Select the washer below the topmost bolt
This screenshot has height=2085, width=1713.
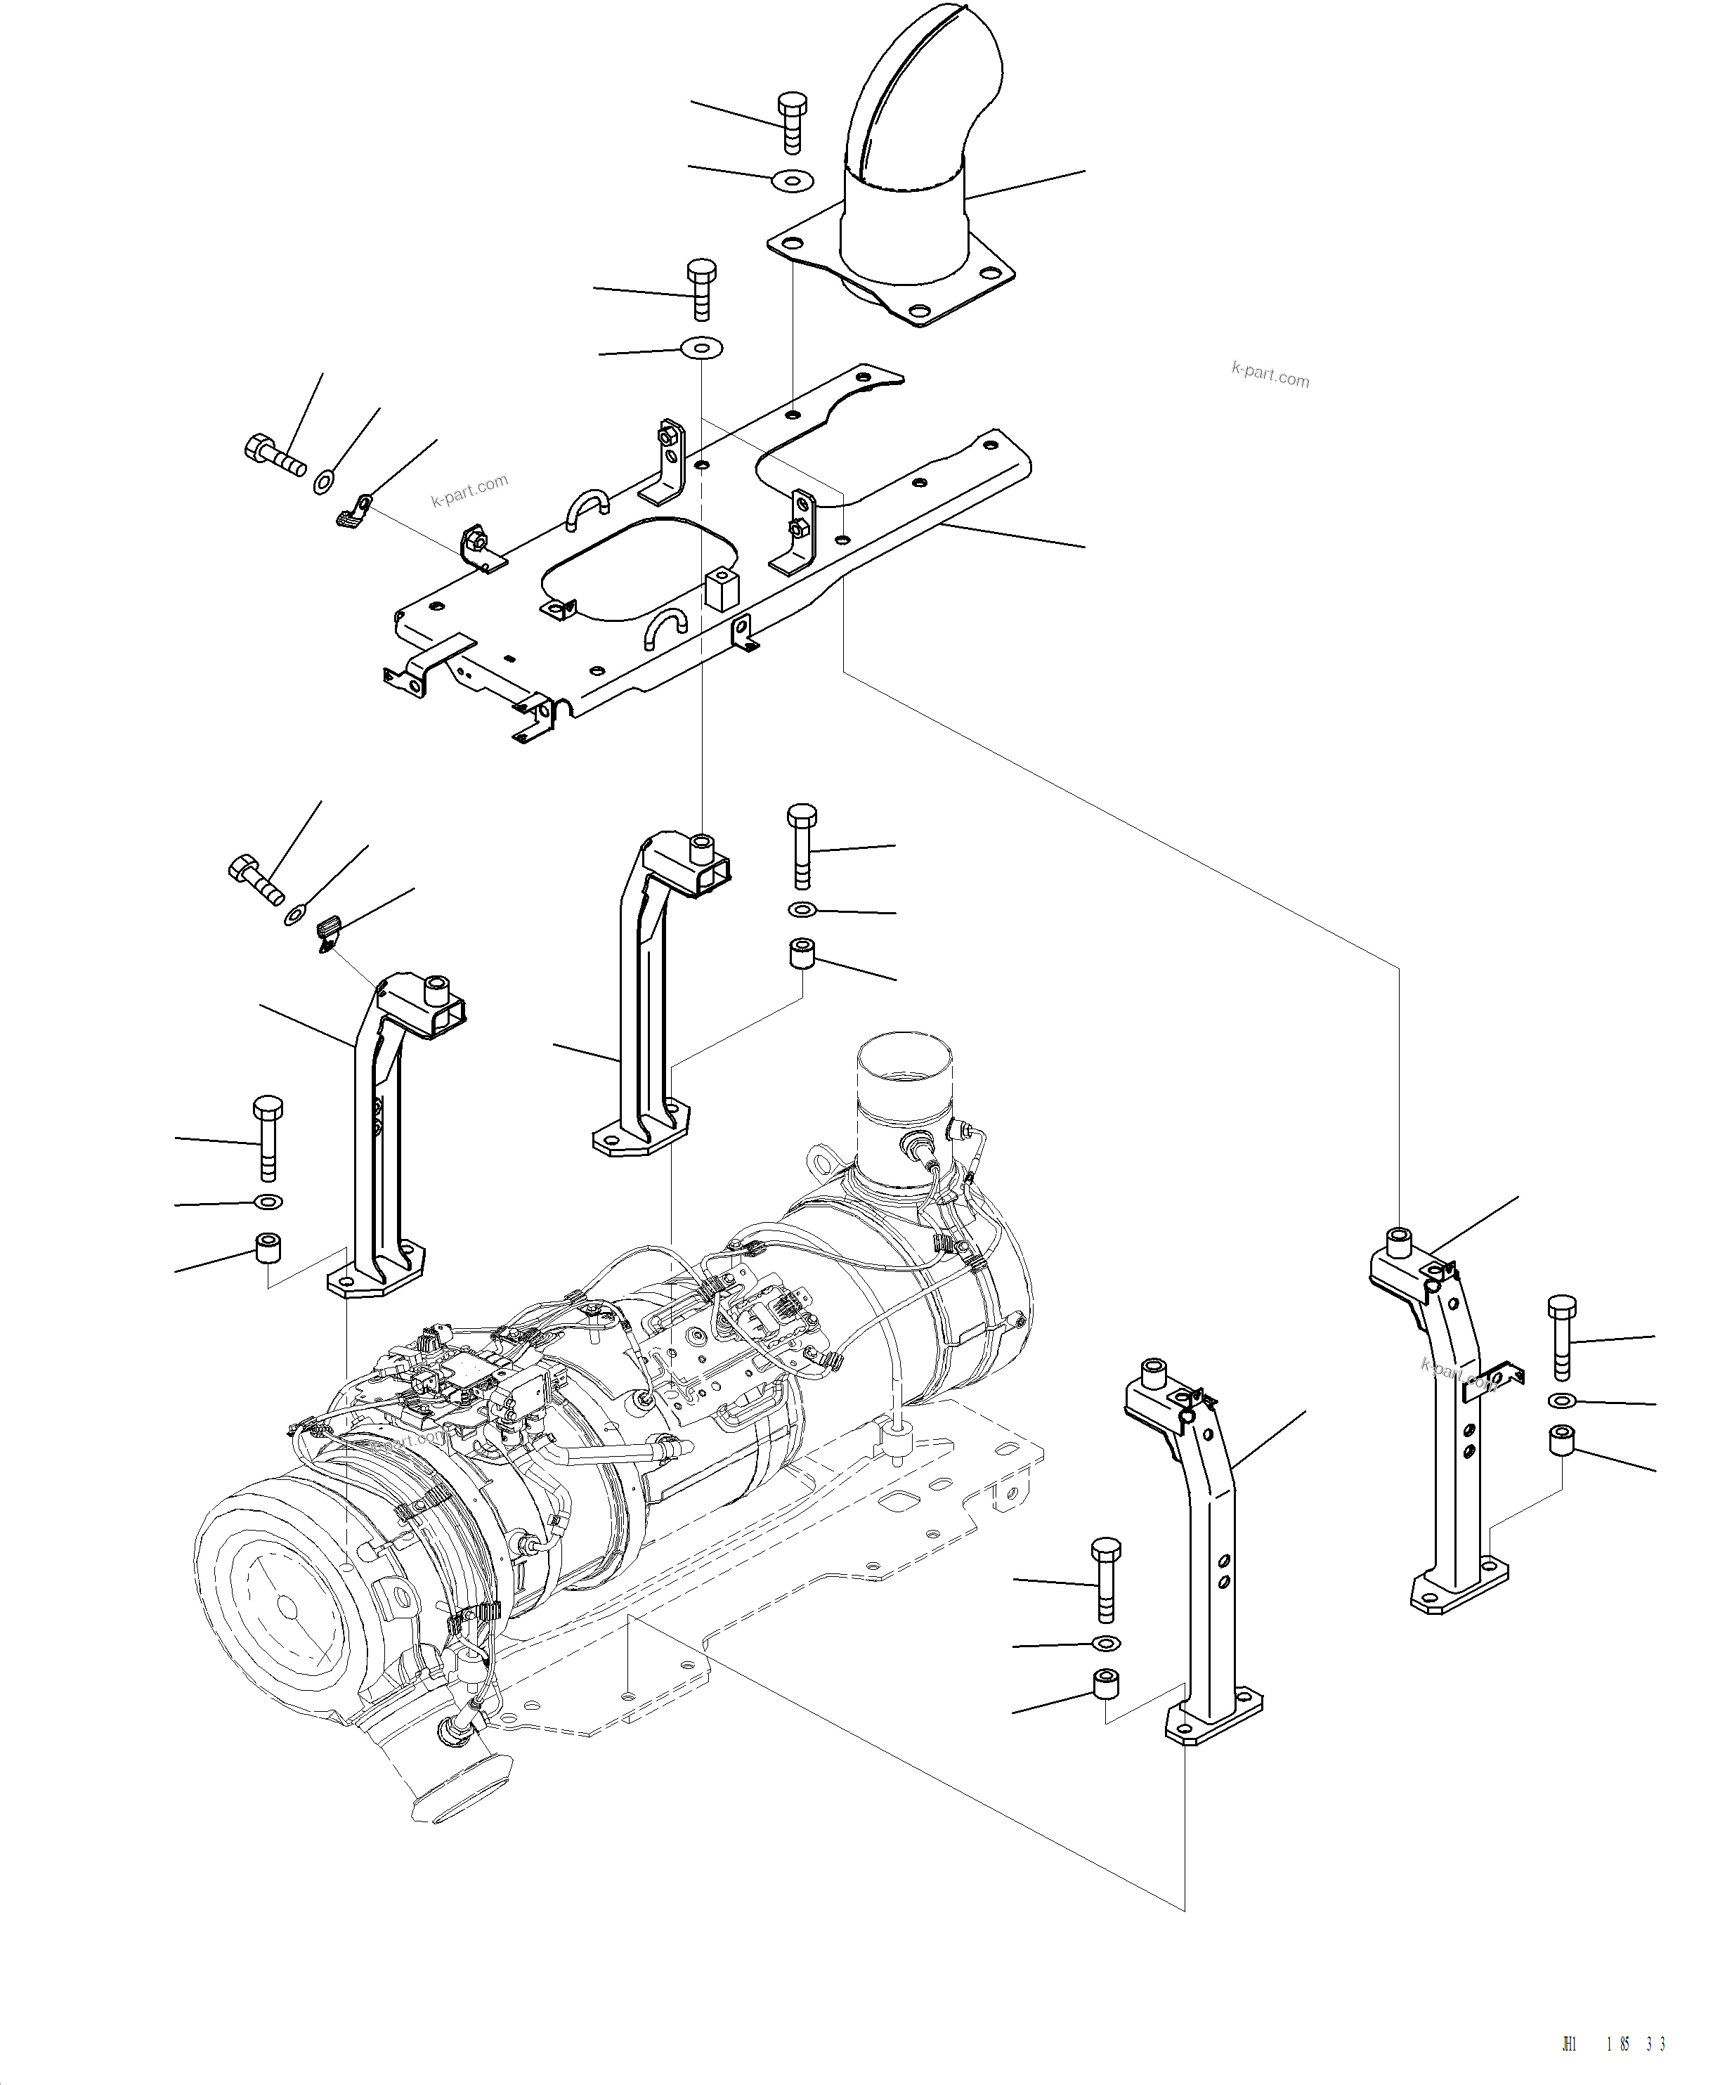tap(793, 181)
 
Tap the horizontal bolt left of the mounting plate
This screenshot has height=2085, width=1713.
tap(273, 455)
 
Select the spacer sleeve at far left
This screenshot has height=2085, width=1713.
tap(268, 1248)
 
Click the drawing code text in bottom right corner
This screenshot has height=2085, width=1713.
tap(1615, 2043)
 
